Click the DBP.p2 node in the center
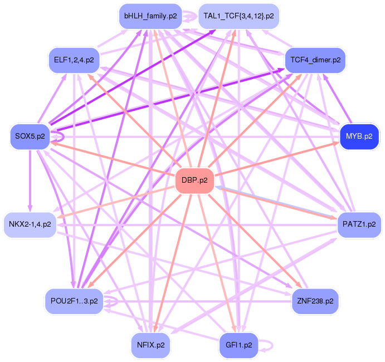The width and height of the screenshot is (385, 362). click(x=195, y=180)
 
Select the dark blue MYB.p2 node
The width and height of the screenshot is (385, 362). click(x=359, y=136)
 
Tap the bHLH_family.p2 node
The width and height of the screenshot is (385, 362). click(x=150, y=16)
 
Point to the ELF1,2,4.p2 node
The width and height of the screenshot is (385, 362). click(x=74, y=59)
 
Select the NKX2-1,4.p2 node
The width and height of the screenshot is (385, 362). click(x=30, y=224)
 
